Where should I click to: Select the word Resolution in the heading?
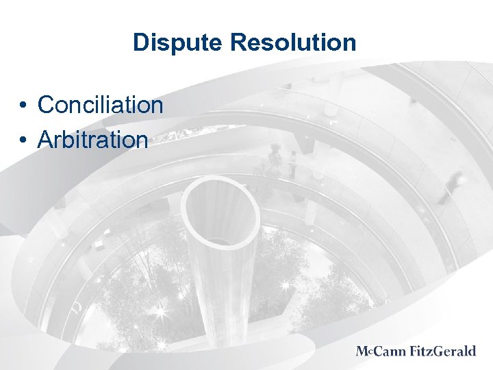point(293,42)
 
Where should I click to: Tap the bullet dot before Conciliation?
point(23,106)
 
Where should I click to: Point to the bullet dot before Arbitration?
point(23,140)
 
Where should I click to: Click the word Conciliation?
point(101,105)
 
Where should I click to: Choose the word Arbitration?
point(92,140)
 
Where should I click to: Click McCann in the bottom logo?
point(381,351)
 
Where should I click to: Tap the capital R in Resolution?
point(238,43)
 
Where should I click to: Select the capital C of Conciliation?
point(47,105)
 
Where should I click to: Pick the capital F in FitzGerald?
point(414,351)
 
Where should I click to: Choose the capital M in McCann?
point(362,351)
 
